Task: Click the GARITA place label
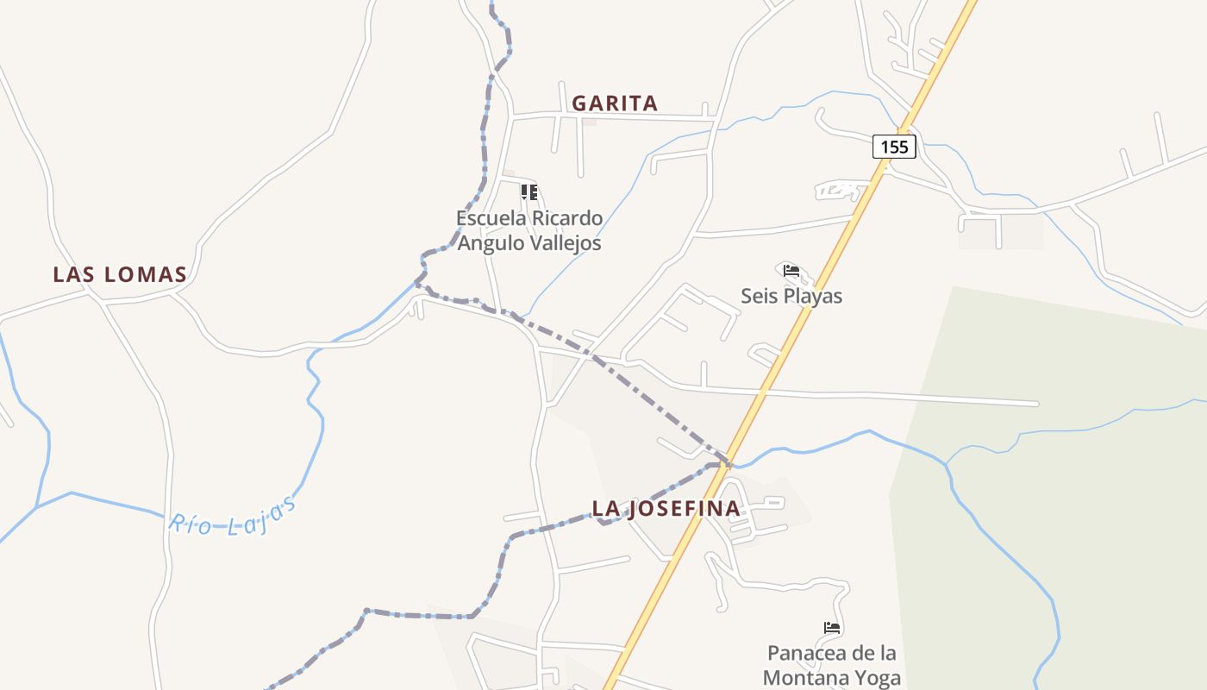(615, 103)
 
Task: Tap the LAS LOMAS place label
(120, 275)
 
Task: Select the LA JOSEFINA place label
(666, 509)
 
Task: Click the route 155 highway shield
(894, 147)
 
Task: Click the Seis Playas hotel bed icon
(791, 272)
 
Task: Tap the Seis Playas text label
(791, 296)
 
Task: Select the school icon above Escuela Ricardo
(529, 191)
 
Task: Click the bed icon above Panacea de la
(832, 628)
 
